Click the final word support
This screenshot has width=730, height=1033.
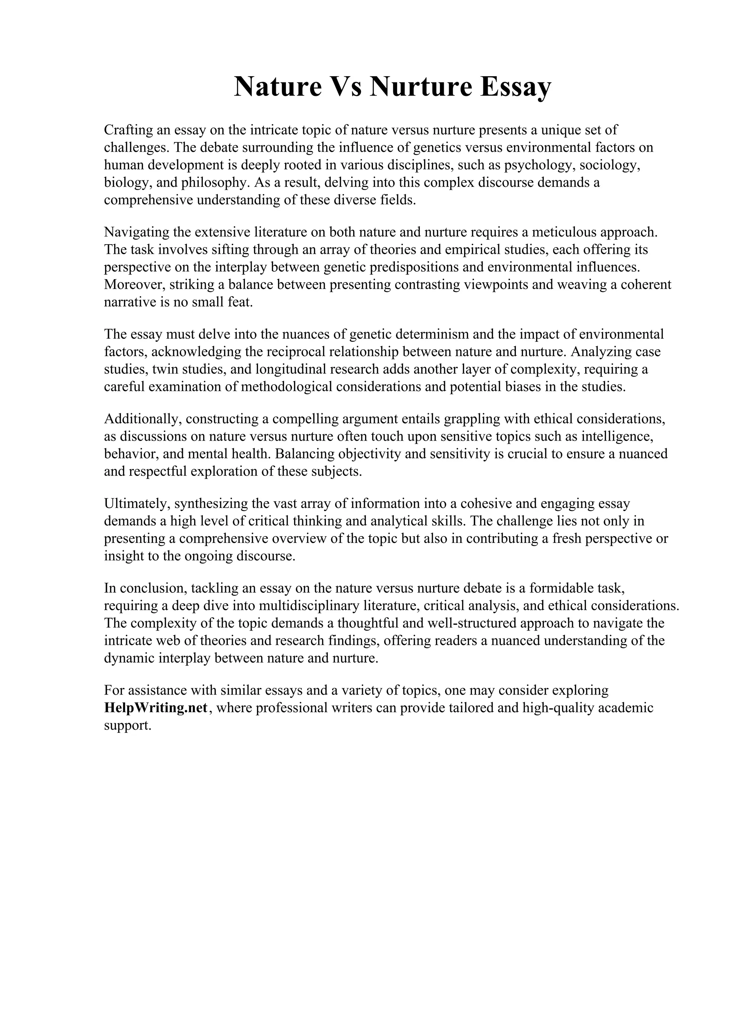127,725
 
